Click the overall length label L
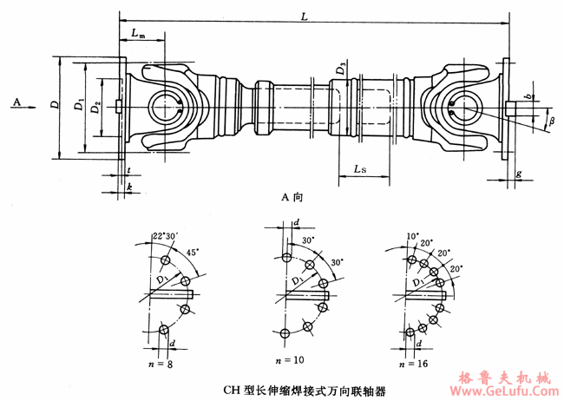302,15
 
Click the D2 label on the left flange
97,107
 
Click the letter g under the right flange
518,174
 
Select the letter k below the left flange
128,187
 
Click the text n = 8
160,365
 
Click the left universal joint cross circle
164,107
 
